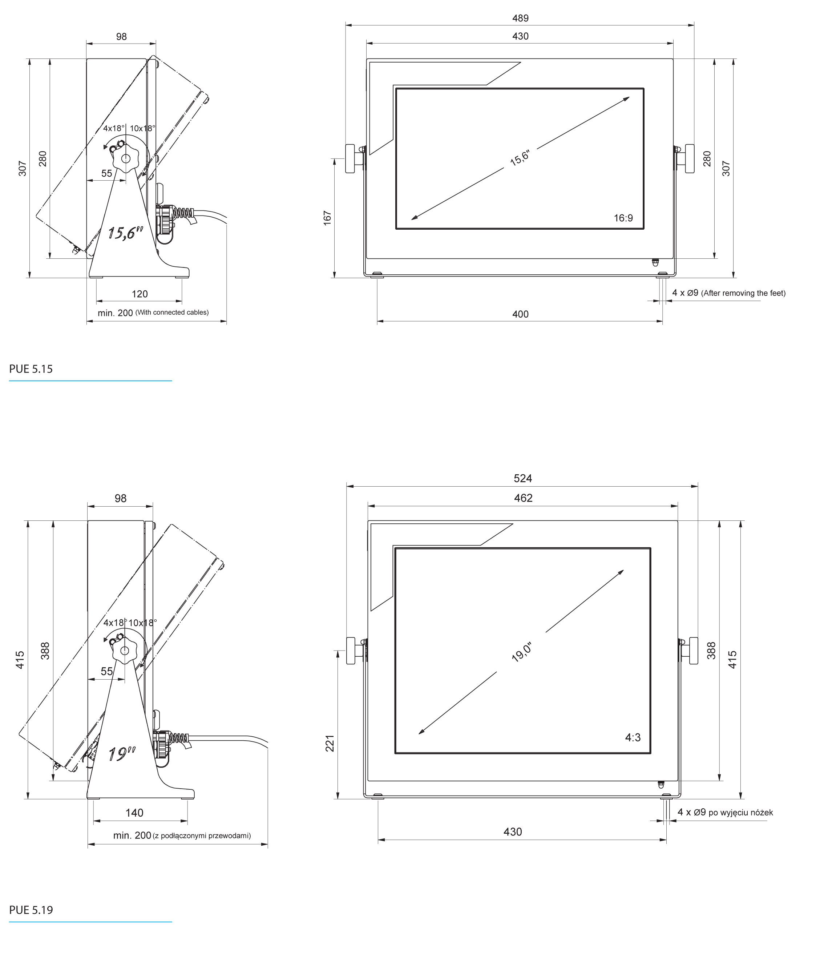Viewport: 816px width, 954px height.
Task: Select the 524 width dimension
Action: coord(522,478)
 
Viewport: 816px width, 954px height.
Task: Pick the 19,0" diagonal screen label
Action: coord(521,652)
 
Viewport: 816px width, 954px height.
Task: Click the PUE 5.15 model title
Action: coord(31,369)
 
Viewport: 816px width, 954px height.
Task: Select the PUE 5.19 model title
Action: coord(31,910)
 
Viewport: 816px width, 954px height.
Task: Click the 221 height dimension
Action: coord(330,743)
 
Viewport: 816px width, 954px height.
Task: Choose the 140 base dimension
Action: coord(134,813)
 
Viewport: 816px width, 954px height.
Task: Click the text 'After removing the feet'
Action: coord(743,293)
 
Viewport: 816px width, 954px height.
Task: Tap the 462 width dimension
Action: coord(523,498)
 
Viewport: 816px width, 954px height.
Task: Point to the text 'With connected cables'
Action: coord(172,313)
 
